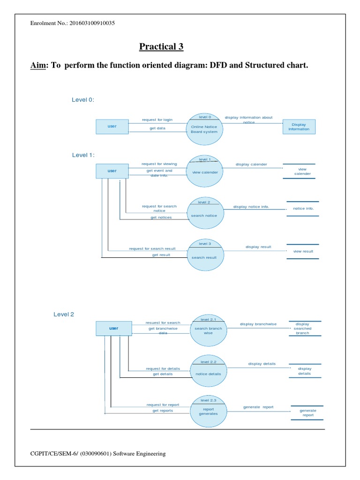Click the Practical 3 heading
161,47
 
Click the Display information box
299,127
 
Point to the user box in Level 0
112,127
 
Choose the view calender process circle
204,172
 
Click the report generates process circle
208,411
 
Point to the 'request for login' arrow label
157,120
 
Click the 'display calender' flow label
251,165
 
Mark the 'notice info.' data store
303,209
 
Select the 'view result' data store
303,251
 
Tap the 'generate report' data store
308,412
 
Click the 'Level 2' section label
64,315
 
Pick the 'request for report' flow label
163,405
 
